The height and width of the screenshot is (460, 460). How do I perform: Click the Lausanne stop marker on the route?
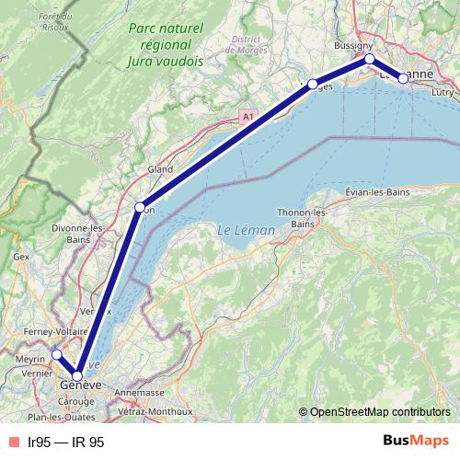[x=403, y=78]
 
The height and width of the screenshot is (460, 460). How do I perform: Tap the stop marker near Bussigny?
[x=370, y=59]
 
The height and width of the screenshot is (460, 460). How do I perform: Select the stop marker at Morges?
[x=313, y=85]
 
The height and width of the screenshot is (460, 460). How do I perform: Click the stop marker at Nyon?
[x=140, y=207]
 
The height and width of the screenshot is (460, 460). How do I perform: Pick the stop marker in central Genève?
[x=77, y=375]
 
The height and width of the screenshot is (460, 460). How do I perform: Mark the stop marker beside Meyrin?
[x=56, y=354]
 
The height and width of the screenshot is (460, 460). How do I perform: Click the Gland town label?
[x=160, y=169]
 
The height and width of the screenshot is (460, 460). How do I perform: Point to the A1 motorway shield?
[x=247, y=116]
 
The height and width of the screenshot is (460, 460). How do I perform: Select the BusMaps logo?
[x=413, y=442]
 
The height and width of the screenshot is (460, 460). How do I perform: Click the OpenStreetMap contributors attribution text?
[x=379, y=411]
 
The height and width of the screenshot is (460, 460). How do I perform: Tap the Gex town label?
[x=21, y=257]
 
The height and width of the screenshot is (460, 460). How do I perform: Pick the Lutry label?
[x=443, y=94]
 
